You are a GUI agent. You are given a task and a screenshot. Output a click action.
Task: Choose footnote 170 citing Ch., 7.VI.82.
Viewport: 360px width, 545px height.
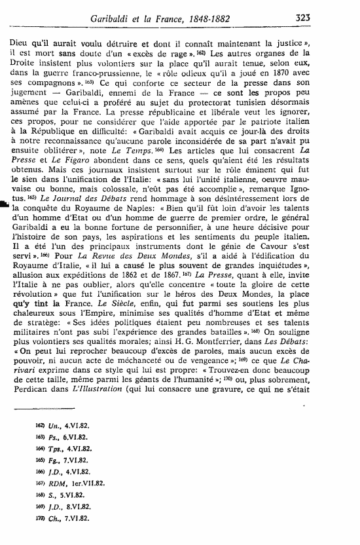coord(66,517)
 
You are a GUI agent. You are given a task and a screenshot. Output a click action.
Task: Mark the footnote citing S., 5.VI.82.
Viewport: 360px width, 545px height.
coord(64,495)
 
